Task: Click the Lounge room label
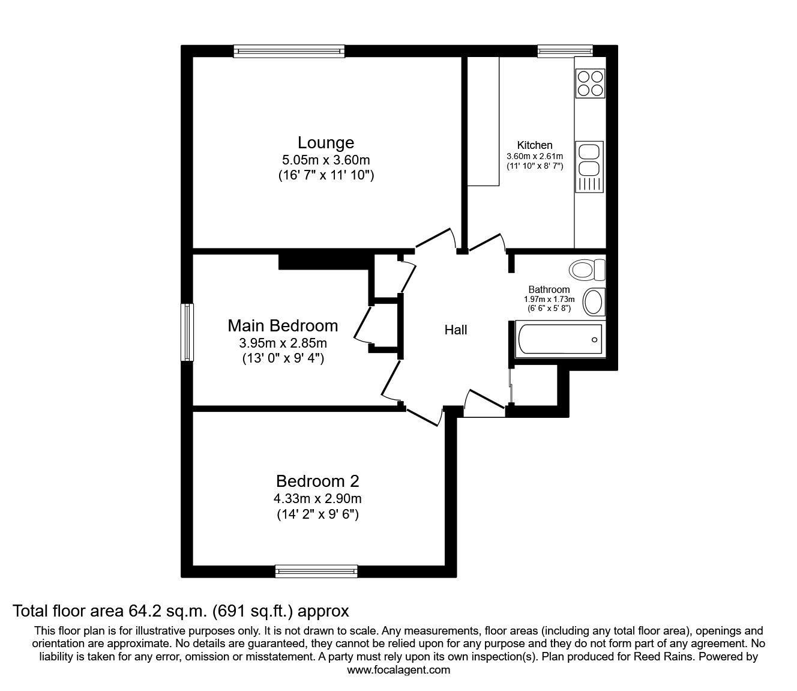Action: click(x=326, y=143)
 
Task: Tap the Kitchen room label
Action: click(x=534, y=145)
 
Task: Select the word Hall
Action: click(x=456, y=330)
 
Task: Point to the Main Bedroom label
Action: click(x=283, y=325)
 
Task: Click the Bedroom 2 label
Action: click(x=317, y=481)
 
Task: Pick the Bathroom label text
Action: click(x=549, y=289)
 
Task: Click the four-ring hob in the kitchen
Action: click(x=590, y=83)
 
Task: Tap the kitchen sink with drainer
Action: click(x=589, y=167)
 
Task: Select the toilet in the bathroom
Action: click(x=587, y=270)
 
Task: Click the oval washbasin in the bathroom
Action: click(x=594, y=302)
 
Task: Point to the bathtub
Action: click(x=561, y=339)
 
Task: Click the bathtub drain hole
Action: click(x=594, y=340)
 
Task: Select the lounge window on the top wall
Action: click(x=289, y=51)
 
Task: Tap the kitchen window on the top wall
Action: click(x=565, y=51)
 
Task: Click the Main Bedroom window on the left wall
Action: click(x=187, y=332)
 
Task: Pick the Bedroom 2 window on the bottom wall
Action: click(x=316, y=571)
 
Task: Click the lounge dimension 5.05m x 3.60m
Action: click(x=326, y=160)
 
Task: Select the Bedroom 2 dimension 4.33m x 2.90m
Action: click(x=317, y=498)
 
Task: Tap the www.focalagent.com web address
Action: click(x=398, y=670)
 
